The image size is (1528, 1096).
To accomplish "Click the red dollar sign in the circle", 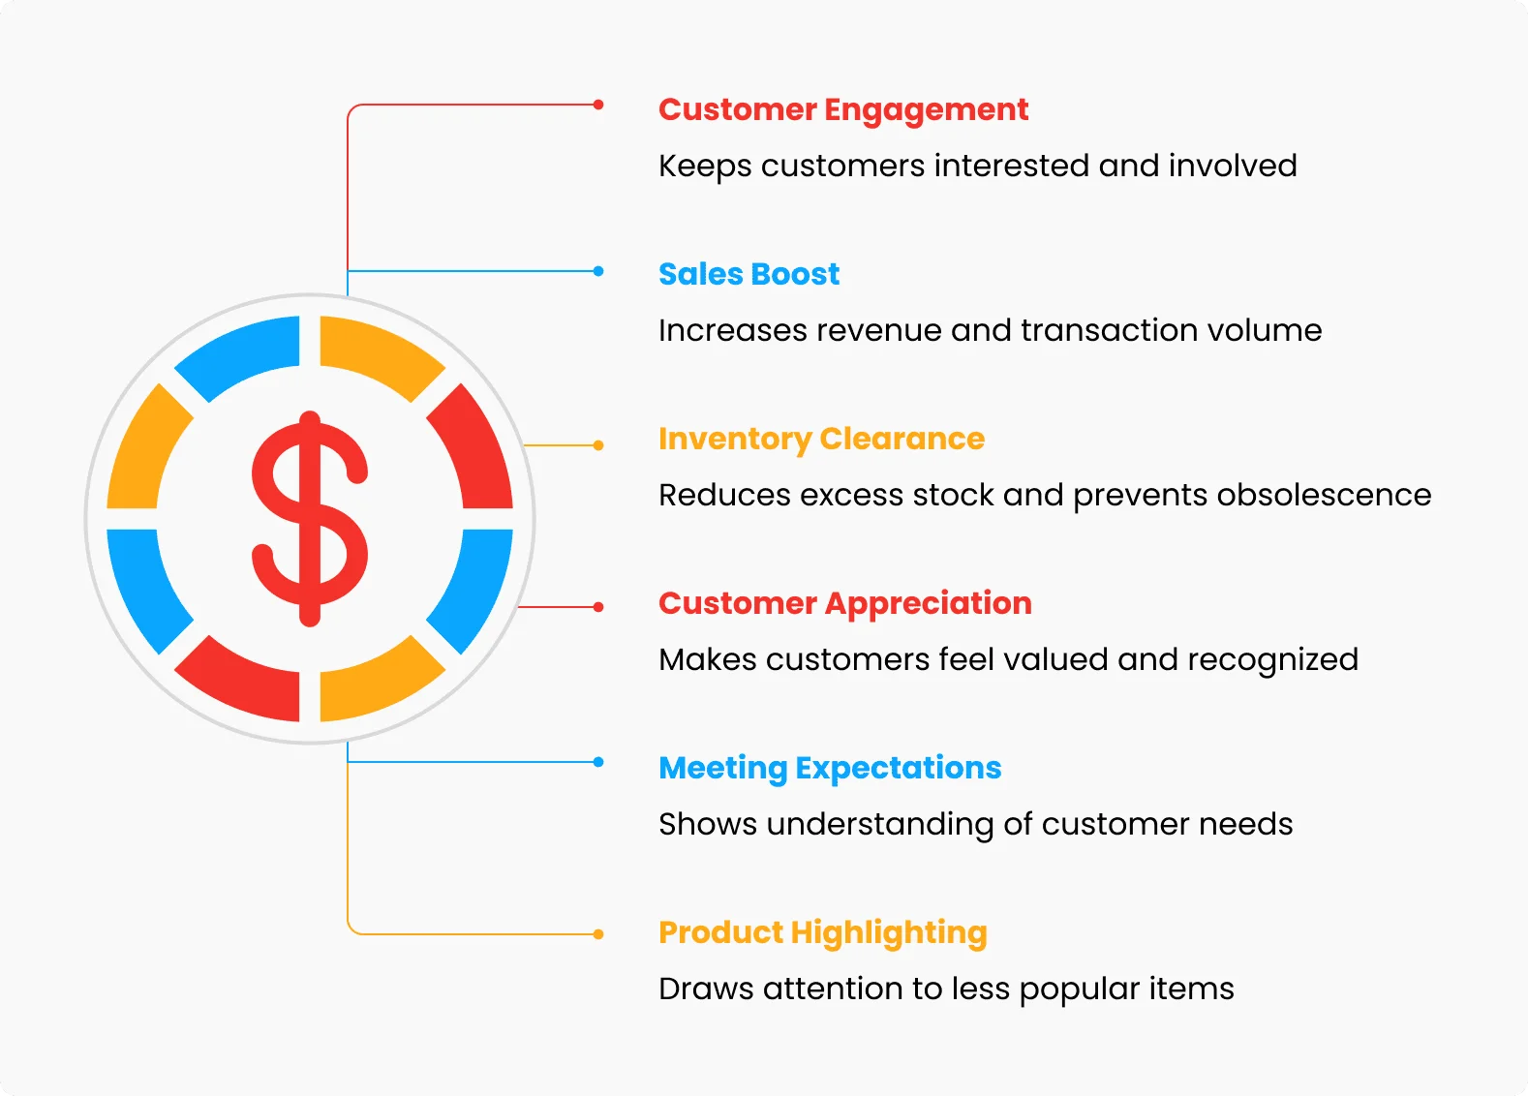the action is point(310,518).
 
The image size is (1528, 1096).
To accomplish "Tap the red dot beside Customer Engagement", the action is point(598,105).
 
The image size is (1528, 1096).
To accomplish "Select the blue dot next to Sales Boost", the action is point(598,271).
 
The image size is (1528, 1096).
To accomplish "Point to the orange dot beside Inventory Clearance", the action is point(598,445).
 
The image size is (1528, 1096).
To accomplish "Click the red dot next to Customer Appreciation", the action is point(598,607).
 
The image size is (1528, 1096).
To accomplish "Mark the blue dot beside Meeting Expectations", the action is point(598,762).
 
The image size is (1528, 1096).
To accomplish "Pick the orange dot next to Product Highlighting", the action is point(598,934).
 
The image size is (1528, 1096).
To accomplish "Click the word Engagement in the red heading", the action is point(927,111).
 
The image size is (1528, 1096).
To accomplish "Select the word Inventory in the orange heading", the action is point(735,440).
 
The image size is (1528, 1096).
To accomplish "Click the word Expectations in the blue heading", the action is point(899,770).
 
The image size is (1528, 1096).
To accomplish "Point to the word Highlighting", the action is point(890,934).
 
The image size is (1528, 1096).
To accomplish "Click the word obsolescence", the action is point(1324,495).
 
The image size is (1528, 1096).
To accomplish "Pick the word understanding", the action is point(880,825).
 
